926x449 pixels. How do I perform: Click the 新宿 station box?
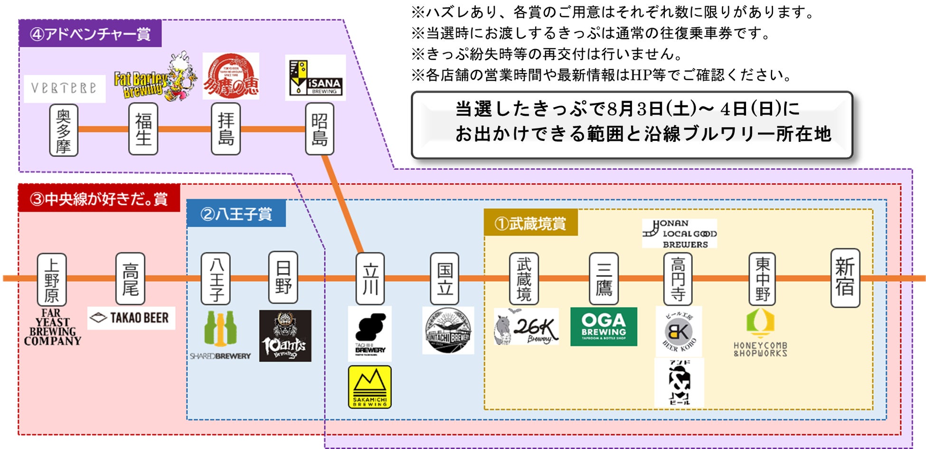pos(845,278)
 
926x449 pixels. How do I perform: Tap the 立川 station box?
pos(370,279)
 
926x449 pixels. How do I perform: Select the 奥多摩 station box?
pos(64,130)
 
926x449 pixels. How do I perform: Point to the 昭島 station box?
pos(320,129)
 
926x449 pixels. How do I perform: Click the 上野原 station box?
pos(52,279)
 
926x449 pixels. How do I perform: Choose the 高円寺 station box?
pos(678,279)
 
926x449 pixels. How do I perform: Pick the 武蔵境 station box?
pos(524,279)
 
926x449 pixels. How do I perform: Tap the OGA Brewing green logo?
pos(604,327)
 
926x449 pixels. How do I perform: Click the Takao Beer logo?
pos(132,318)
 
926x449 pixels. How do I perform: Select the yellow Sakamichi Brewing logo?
pos(370,387)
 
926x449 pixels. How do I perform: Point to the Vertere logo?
pos(65,89)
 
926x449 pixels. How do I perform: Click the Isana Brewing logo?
pos(315,78)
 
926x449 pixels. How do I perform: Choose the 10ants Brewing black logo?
pos(285,336)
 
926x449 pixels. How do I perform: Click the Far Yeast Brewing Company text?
pos(52,327)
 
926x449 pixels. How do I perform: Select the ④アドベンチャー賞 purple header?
pos(90,34)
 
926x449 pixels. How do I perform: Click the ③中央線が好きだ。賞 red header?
pos(99,198)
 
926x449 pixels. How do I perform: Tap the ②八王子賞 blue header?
pos(236,214)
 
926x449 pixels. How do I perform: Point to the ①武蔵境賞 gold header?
pos(530,223)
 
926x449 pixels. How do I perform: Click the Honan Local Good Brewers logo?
pos(680,233)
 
